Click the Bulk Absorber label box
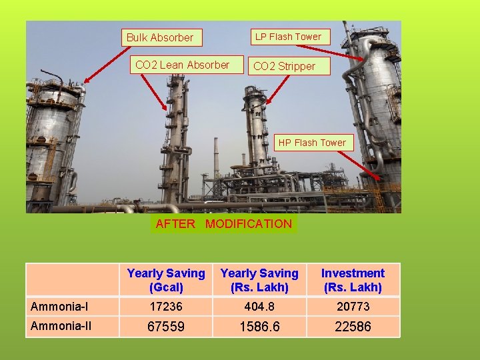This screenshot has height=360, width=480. [160, 37]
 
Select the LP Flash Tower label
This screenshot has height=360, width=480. [289, 37]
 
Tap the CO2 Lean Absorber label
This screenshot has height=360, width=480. [182, 65]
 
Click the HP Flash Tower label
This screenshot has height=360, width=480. [312, 142]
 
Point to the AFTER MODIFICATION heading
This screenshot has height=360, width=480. [223, 224]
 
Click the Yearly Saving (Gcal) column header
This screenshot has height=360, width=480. [166, 280]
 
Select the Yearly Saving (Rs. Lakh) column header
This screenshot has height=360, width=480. [259, 280]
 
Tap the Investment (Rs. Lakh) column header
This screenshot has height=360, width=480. [353, 280]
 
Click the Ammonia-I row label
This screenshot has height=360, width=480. [60, 307]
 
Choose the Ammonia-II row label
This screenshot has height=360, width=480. [61, 326]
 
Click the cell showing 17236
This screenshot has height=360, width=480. [166, 307]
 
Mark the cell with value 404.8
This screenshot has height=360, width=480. [259, 307]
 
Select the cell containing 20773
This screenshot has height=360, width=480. [353, 307]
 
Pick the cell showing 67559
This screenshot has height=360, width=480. [166, 327]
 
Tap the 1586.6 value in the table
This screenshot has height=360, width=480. [259, 327]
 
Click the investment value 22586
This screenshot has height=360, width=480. [353, 327]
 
